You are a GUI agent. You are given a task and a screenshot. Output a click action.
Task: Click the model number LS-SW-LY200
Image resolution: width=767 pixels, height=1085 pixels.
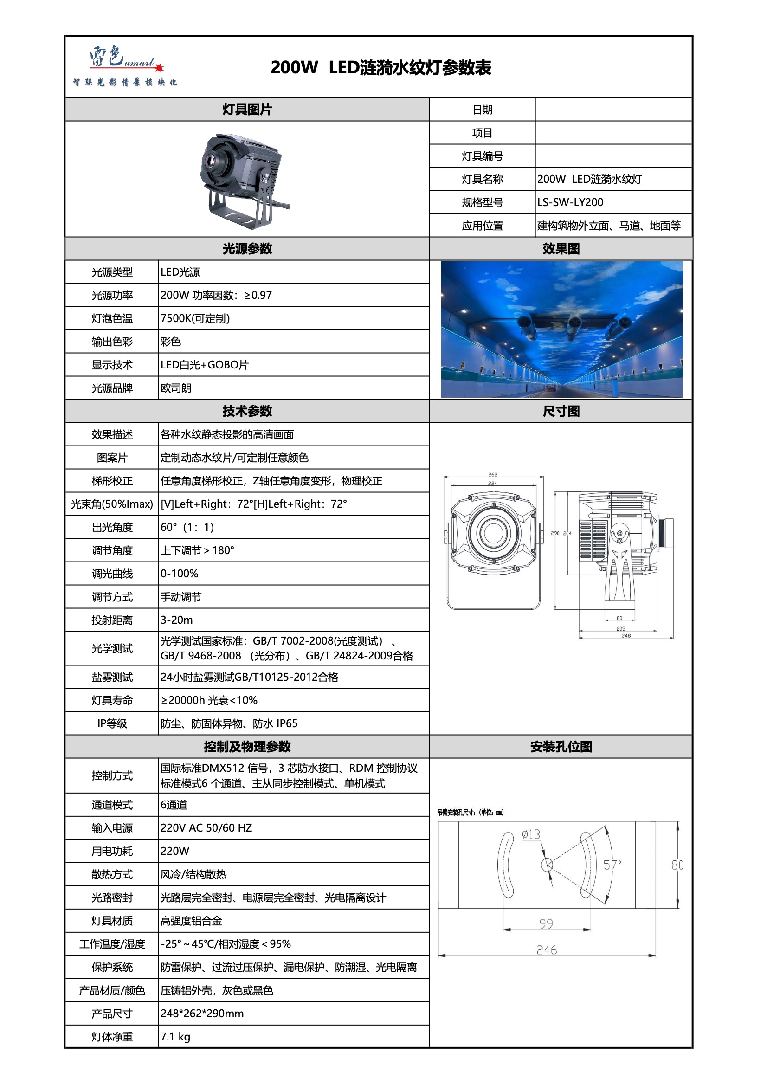point(570,202)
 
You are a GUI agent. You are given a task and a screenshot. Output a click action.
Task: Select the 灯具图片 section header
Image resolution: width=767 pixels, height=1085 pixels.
point(247,110)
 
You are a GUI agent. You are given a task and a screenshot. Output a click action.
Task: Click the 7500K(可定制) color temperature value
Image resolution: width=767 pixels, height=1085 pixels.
point(195,318)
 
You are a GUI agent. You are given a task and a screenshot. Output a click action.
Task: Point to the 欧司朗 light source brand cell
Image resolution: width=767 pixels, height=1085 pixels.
point(176,388)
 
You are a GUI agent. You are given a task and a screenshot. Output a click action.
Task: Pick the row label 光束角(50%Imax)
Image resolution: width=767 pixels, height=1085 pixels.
point(112,504)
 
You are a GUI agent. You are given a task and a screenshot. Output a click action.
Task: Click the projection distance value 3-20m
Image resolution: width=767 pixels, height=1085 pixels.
point(176,620)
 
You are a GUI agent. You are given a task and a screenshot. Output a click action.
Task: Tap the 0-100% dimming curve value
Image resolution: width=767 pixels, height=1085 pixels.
point(179,573)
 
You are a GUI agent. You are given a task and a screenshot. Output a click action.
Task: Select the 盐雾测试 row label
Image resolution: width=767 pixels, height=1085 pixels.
point(112,677)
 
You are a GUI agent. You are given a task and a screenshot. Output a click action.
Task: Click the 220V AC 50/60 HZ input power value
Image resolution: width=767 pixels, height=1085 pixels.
point(206,827)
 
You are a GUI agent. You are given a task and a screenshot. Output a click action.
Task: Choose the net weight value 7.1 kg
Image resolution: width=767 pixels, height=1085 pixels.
point(175,1036)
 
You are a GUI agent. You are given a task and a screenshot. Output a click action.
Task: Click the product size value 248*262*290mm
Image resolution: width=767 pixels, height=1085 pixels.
point(202,1013)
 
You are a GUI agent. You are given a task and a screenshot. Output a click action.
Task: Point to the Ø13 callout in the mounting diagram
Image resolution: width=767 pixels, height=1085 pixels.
point(531,834)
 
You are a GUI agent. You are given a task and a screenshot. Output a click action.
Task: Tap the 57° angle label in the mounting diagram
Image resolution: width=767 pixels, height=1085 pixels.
point(612,865)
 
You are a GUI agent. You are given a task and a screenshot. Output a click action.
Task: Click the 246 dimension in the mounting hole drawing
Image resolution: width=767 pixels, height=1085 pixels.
point(546,949)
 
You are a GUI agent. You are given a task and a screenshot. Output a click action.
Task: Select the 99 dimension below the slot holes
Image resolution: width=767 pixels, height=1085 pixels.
point(546,924)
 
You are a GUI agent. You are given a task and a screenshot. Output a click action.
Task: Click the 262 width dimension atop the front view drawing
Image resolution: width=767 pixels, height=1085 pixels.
point(492,474)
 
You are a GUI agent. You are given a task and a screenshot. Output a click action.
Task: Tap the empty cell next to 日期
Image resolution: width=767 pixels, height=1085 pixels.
point(613,110)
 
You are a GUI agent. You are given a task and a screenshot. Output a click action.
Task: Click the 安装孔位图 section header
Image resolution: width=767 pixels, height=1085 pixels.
point(561,747)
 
